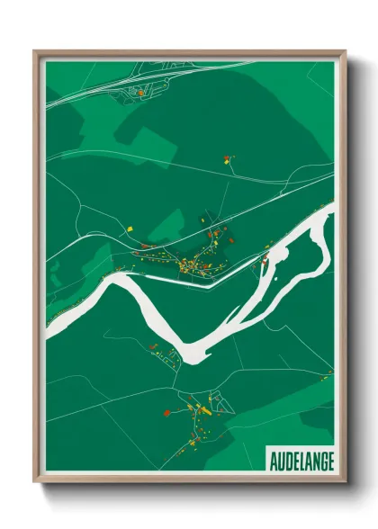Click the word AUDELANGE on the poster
[301, 460]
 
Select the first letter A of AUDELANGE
[273, 460]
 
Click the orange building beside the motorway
[141, 92]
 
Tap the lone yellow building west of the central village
[129, 229]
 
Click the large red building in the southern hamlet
[166, 413]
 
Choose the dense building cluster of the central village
[192, 264]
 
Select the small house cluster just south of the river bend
[166, 355]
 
